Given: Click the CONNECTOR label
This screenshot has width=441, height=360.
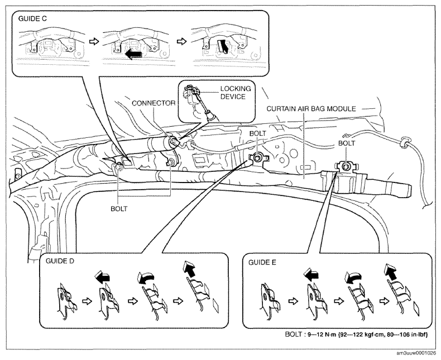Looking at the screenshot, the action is click(154, 103).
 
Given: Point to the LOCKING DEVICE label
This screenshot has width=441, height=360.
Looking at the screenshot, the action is click(236, 93).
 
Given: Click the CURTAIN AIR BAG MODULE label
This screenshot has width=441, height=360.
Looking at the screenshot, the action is click(311, 109).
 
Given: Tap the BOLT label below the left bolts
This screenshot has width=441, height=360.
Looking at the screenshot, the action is click(119, 209).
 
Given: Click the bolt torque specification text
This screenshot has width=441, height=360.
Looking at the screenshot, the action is click(356, 335).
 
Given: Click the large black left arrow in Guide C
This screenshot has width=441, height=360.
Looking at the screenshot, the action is click(133, 54).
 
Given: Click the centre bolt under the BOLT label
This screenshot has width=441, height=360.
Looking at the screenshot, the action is click(257, 159).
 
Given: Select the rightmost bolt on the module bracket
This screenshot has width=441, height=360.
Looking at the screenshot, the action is click(347, 166).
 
